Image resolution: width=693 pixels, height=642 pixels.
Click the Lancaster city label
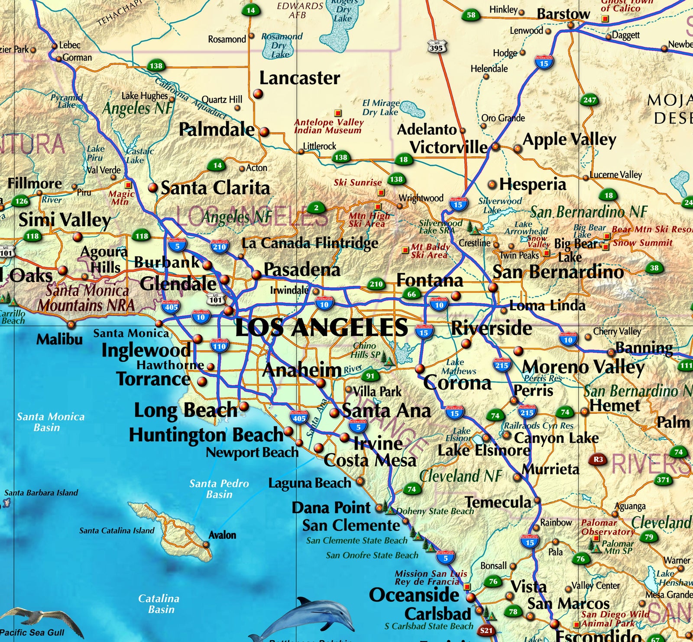tap(299, 78)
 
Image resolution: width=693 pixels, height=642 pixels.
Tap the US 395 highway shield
tap(436, 47)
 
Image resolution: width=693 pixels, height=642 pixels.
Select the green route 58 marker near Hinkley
tap(471, 15)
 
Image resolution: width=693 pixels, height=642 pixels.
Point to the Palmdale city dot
tap(264, 132)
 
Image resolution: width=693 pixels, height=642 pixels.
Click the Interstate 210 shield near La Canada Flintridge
tap(219, 246)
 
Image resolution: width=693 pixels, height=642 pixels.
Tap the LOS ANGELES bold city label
tap(321, 327)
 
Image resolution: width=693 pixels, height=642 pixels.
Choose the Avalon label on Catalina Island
tap(222, 535)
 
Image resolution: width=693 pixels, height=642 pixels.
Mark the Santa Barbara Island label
tap(41, 493)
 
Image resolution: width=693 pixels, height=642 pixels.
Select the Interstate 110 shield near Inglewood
tap(219, 345)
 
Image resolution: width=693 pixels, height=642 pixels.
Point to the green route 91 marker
tap(370, 376)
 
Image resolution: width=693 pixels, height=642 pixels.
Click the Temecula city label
tap(498, 503)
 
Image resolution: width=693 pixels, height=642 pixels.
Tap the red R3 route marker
tap(598, 459)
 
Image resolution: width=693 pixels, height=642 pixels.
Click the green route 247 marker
tap(589, 100)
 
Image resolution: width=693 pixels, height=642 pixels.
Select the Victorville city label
tap(448, 147)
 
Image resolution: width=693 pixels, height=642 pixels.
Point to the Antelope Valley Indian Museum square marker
tap(338, 113)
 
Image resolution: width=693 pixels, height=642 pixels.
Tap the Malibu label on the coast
tap(59, 339)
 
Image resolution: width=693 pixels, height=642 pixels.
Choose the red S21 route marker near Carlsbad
tap(486, 630)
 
